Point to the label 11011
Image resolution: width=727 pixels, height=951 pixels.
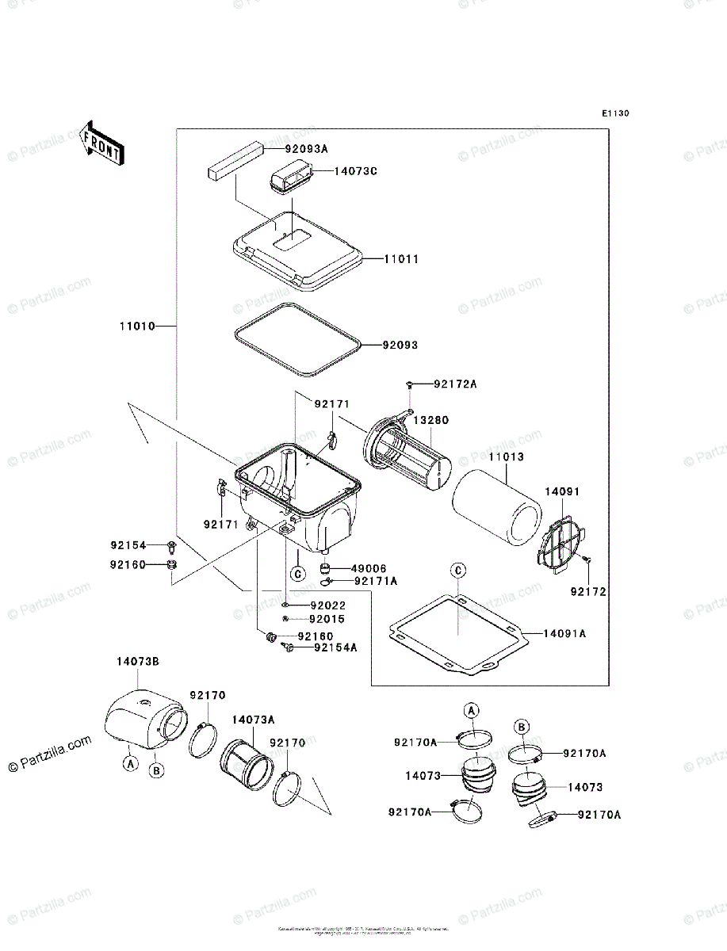pos(401,259)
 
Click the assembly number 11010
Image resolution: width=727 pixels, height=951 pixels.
pos(137,326)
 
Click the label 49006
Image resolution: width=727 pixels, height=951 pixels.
pos(370,567)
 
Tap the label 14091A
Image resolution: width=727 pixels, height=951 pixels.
pos(564,633)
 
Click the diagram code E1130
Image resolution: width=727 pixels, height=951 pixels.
pos(614,114)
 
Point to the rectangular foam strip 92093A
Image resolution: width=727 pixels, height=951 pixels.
pos(235,159)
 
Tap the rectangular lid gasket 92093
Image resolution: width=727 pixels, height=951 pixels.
pos(297,338)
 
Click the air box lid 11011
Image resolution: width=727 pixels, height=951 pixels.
pos(297,246)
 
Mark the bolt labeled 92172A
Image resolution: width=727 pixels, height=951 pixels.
pos(409,384)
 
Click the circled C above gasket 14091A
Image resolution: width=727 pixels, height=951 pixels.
pos(457,571)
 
